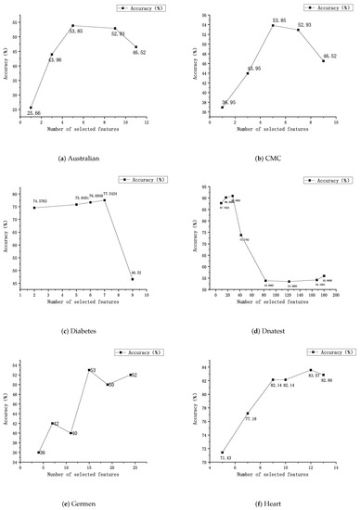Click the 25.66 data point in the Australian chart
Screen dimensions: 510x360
31,108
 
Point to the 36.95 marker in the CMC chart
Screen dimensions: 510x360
223,108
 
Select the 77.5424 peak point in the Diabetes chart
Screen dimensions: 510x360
104,200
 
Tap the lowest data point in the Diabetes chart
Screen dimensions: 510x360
132,279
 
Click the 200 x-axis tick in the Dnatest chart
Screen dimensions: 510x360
336,296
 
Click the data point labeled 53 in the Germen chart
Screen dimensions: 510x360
89,370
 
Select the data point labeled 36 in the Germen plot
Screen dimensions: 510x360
39,453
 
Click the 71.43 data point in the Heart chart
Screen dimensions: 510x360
223,453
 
